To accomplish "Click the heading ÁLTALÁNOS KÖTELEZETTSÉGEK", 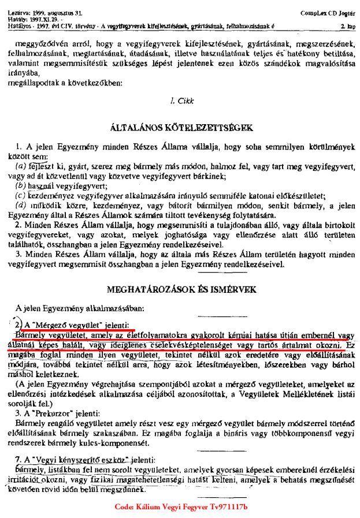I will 180,127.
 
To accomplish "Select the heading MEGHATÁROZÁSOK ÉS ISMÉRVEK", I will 180,290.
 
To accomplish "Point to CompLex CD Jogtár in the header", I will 328,12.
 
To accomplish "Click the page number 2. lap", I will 347,27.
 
